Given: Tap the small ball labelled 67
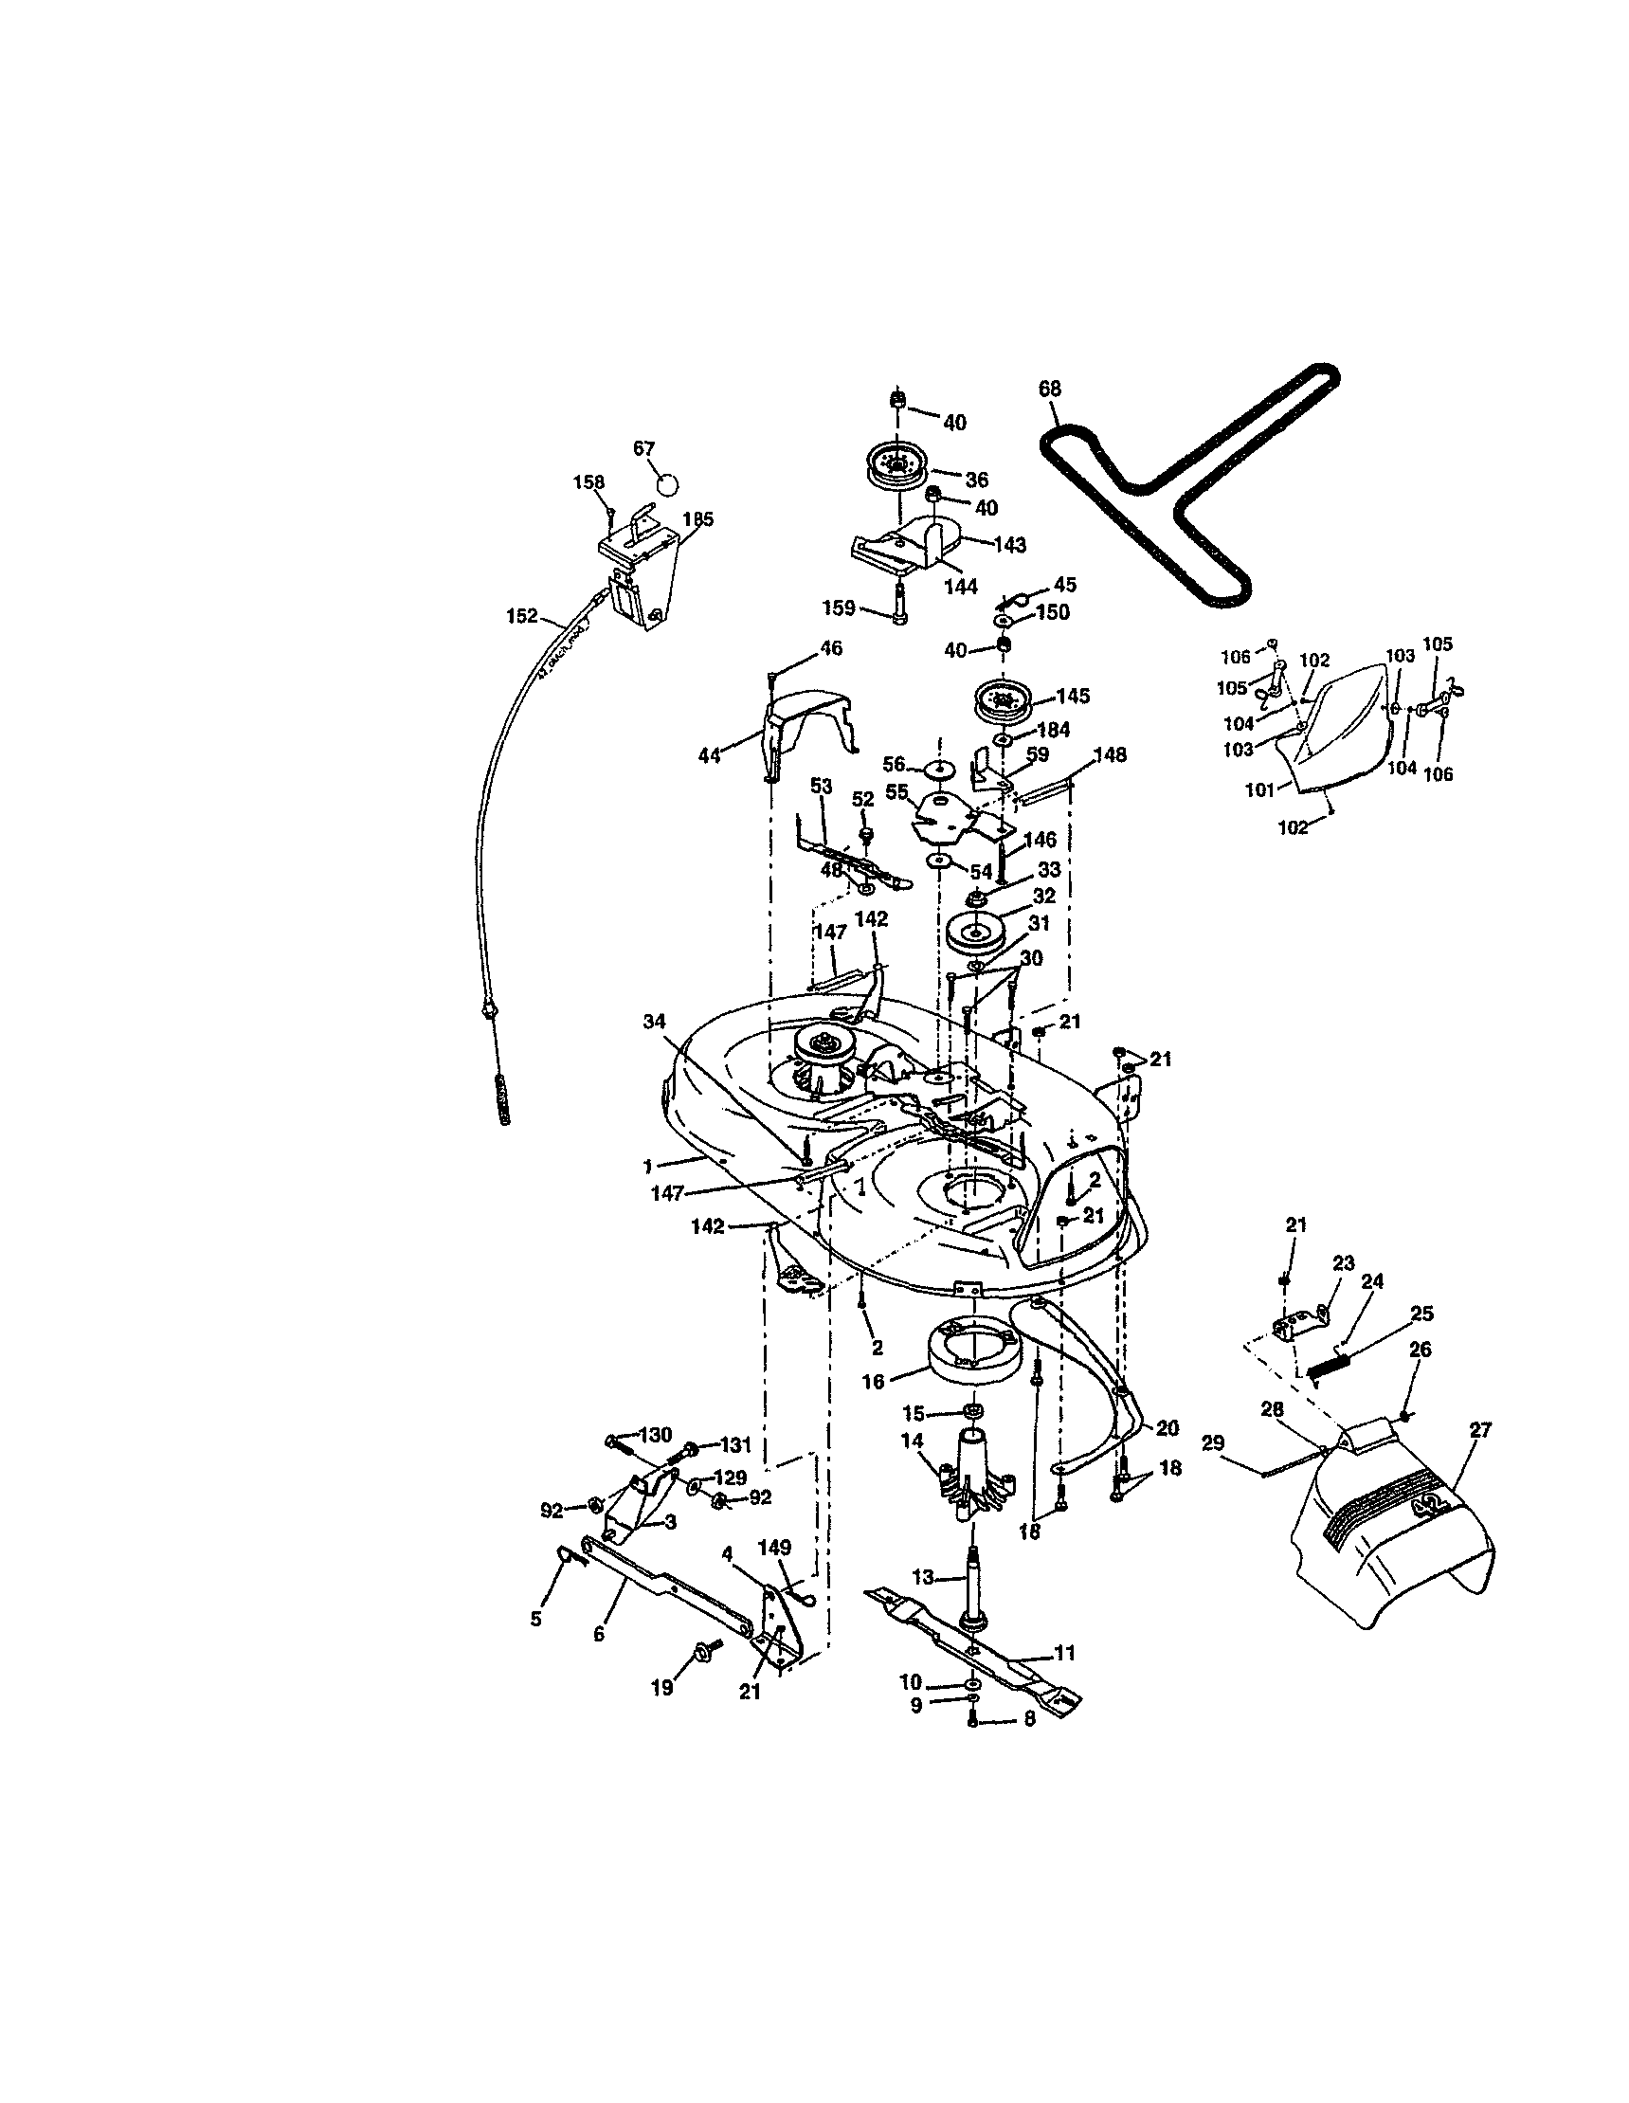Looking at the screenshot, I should click(667, 482).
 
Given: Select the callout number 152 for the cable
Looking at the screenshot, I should click(522, 616).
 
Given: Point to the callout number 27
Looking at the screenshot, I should click(1481, 1431).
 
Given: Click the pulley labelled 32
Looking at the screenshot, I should click(975, 933).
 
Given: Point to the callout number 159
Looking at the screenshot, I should click(839, 608).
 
